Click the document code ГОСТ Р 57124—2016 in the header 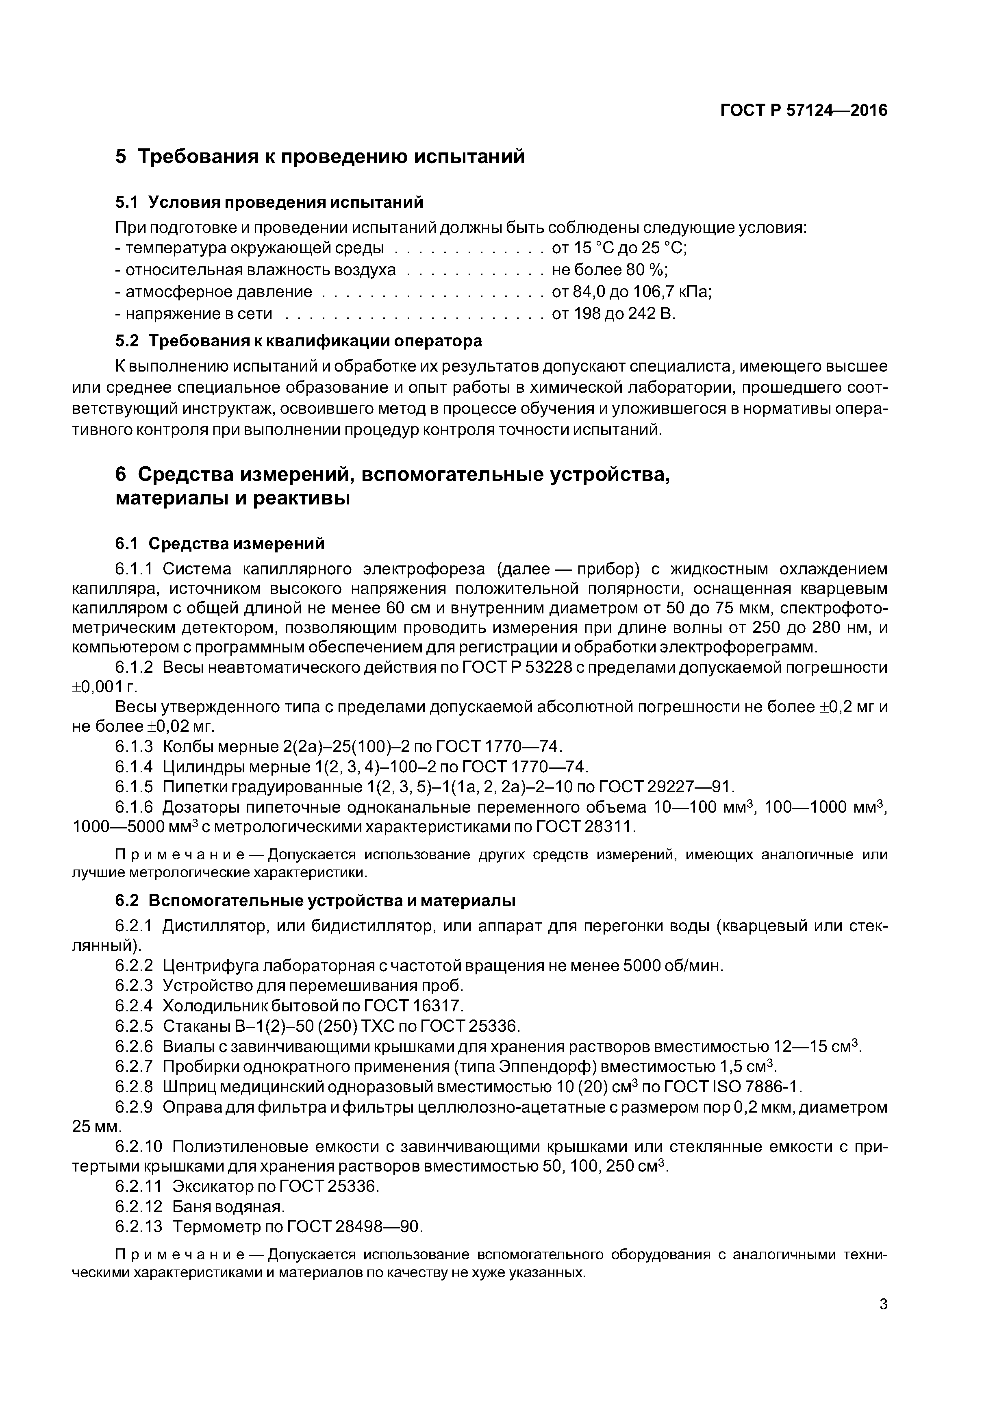coord(804,111)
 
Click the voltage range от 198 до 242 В coord(613,314)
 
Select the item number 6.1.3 coord(134,747)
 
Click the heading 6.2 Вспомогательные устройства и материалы coord(315,900)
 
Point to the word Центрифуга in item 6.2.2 coord(210,966)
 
